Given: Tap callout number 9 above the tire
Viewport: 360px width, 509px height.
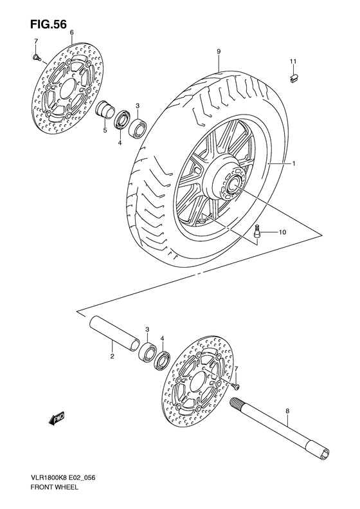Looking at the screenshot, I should click(219, 51).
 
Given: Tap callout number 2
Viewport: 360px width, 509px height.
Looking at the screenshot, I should click(112, 356).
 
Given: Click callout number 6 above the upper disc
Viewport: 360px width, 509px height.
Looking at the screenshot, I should click(71, 32).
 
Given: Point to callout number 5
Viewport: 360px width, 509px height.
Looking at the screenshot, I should click(105, 131).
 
